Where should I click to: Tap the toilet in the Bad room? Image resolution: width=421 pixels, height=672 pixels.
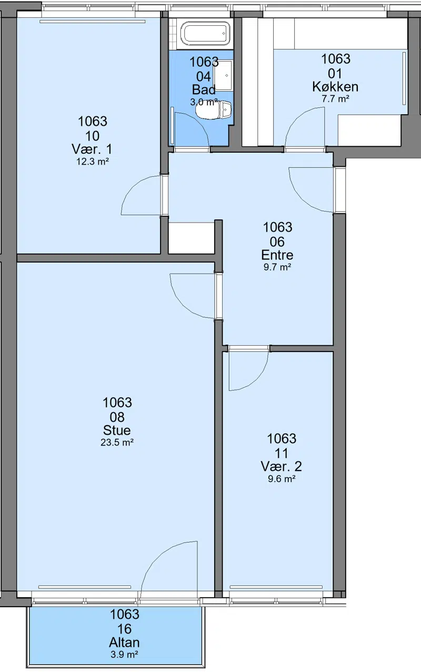coord(214,109)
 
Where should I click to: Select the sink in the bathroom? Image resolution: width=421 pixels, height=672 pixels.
coord(223,75)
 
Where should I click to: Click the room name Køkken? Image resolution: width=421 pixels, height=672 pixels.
coord(335,87)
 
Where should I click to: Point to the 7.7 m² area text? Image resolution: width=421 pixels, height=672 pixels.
coord(335,99)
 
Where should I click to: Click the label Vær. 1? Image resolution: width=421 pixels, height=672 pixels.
coord(92,149)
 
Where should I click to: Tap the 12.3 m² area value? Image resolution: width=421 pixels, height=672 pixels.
coord(92,162)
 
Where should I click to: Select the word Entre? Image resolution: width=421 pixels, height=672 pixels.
coord(277,255)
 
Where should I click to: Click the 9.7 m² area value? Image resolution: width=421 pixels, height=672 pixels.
coord(277,267)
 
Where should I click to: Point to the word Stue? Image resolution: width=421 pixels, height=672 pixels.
coord(117,430)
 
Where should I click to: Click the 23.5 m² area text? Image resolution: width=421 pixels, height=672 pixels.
coord(117,443)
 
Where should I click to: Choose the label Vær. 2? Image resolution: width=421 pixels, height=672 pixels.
coord(281,466)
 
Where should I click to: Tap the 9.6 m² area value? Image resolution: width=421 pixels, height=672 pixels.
coord(282,479)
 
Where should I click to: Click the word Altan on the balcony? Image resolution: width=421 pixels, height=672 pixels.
coord(124,643)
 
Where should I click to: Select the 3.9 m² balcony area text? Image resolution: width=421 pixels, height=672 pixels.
coord(124,655)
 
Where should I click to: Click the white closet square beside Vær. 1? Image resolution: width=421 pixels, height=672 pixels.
coord(192,238)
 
